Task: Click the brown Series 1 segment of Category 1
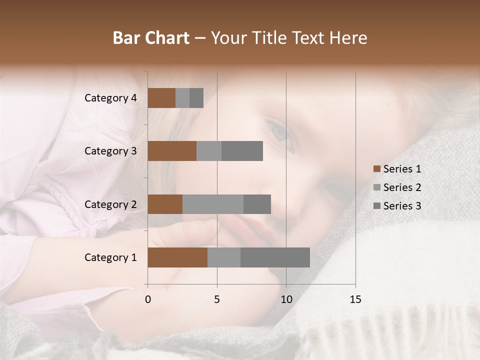[177, 257]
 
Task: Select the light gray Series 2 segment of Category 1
[224, 257]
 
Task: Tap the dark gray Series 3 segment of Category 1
[275, 257]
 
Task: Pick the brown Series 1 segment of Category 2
[165, 204]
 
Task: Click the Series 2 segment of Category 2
[213, 204]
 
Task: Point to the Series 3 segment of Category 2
[257, 204]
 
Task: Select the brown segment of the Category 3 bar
[172, 151]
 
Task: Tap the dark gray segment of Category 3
[242, 151]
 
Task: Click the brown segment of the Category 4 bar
[161, 98]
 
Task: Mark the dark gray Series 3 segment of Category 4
[196, 98]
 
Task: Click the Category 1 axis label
[110, 257]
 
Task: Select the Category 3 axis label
[110, 151]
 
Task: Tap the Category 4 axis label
[110, 98]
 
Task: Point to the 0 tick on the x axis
[148, 299]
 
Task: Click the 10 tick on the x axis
[286, 299]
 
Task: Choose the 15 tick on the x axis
[355, 299]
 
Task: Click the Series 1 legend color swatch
[376, 169]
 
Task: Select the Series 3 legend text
[402, 206]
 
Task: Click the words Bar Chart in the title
[151, 38]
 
